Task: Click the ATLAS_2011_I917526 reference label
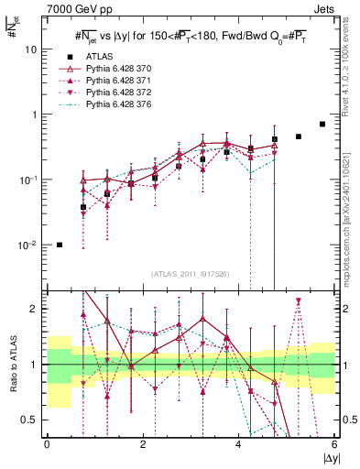coord(190,273)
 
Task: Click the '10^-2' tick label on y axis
coord(29,245)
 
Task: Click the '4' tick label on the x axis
coord(239,445)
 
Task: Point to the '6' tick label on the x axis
coord(335,445)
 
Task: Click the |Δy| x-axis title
coord(328,458)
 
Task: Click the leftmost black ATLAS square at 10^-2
coord(60,245)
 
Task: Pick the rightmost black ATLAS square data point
coord(322,124)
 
